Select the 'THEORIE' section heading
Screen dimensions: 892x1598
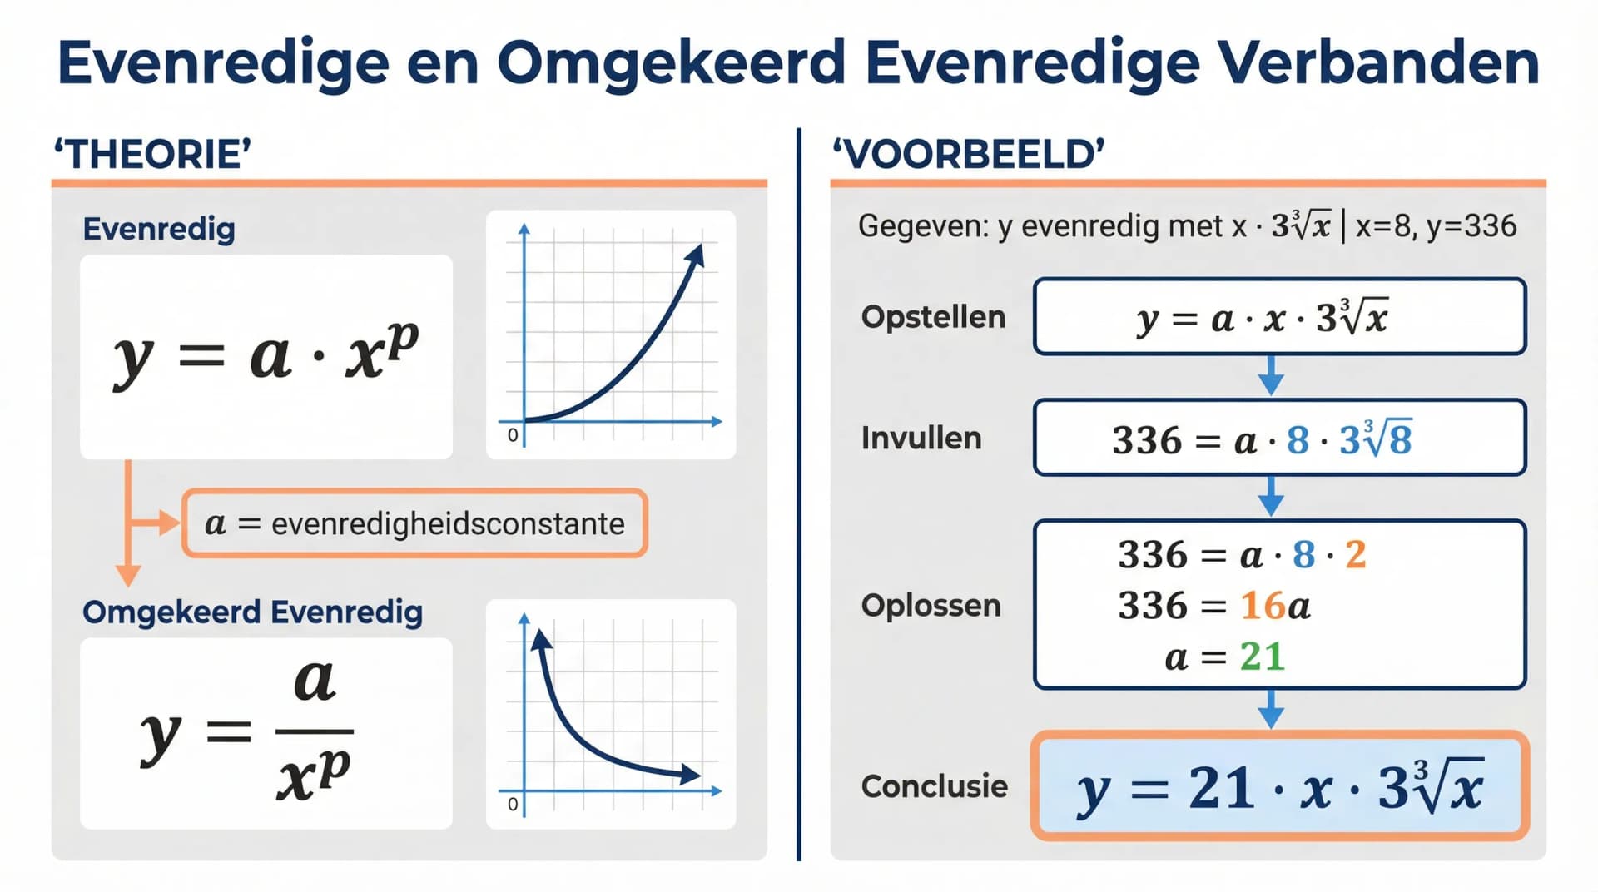click(x=152, y=155)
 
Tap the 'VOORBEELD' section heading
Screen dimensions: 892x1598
click(x=969, y=155)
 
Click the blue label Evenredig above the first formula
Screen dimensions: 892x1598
click(x=159, y=229)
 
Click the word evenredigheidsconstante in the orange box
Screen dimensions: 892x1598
click(x=448, y=523)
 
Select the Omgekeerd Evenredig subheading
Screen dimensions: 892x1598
click(x=252, y=612)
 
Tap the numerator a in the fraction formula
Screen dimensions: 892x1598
click(x=315, y=680)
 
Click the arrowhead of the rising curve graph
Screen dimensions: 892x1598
click(x=697, y=254)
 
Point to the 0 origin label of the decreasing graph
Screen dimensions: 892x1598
click(x=513, y=804)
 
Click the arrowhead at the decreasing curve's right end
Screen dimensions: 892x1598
click(x=689, y=776)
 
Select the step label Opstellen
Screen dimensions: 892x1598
click(x=933, y=317)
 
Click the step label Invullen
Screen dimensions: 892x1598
click(x=921, y=439)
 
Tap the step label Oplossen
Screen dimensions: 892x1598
click(x=931, y=606)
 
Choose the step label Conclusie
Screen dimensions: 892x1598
click(x=934, y=786)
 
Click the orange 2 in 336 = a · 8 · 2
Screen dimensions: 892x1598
click(x=1356, y=555)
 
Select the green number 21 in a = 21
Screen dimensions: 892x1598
click(x=1262, y=657)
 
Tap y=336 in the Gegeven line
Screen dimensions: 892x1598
click(x=1471, y=226)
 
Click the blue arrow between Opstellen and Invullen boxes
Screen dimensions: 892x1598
click(x=1270, y=377)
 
